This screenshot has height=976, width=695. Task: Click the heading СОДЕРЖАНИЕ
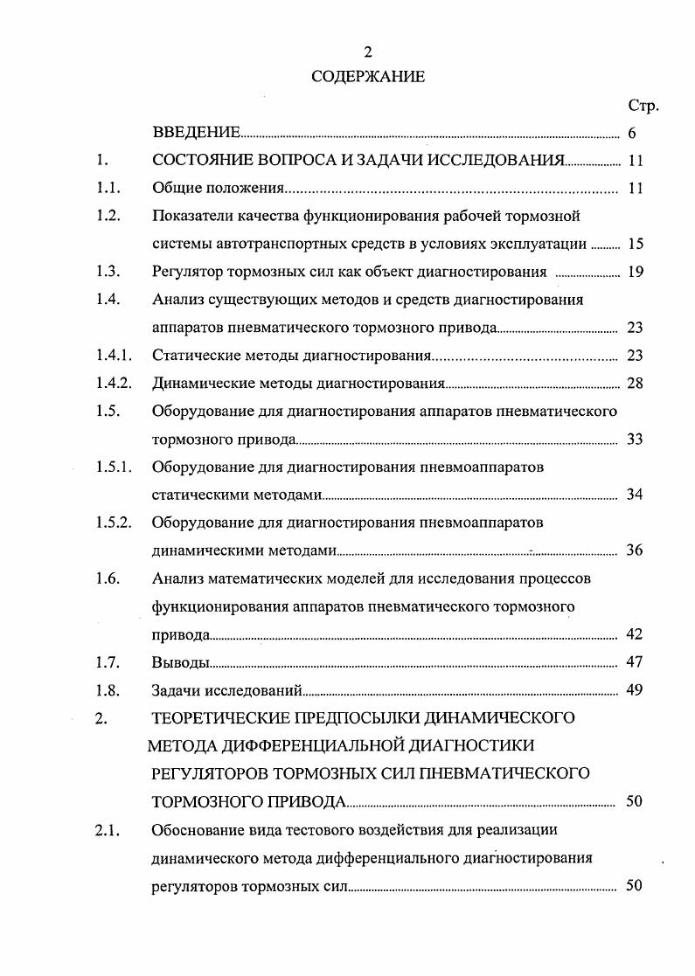pos(368,77)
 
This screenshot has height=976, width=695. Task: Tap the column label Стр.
pos(643,106)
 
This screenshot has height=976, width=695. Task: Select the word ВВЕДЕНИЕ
pos(196,134)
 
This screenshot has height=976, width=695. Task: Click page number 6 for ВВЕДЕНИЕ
pos(631,134)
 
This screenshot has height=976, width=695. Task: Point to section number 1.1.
pos(108,188)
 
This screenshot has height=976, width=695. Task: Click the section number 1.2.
pos(108,216)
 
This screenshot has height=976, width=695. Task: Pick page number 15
pos(635,244)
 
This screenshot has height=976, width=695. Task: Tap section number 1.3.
pos(108,272)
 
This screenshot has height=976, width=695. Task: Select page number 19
pos(635,272)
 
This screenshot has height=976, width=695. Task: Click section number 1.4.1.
pos(114,355)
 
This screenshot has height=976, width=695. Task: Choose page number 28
pos(635,383)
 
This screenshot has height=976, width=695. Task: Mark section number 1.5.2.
pos(114,523)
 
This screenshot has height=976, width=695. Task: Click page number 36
pos(635,550)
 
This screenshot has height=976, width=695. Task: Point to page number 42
pos(635,634)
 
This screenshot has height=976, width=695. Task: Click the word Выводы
pos(181,662)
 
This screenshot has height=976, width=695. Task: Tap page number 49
pos(635,690)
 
